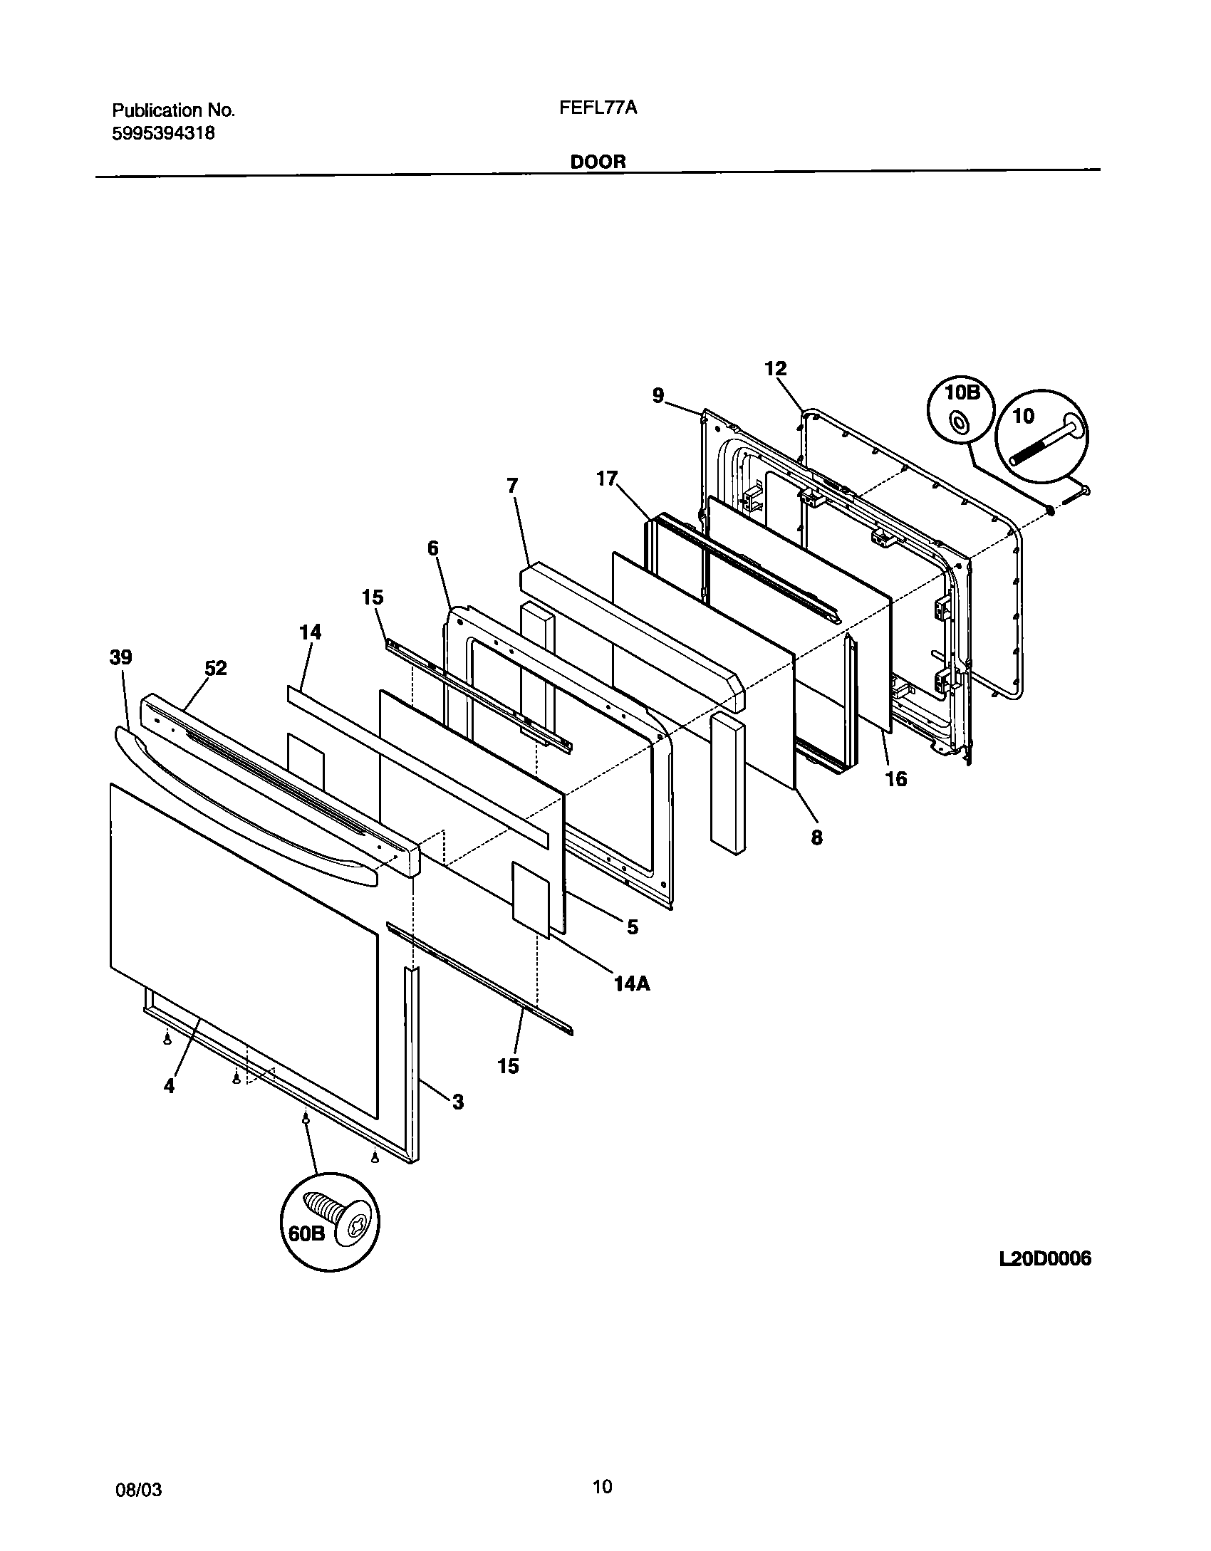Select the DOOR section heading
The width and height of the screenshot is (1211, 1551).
598,162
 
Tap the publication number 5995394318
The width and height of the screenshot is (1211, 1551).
163,133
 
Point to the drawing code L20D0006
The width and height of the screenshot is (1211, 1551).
1045,1258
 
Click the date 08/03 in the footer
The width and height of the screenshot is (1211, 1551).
137,1485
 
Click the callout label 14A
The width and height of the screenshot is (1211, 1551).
632,984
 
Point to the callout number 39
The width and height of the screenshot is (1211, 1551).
120,657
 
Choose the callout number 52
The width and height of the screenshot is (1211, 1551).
216,669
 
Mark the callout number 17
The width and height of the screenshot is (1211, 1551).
607,479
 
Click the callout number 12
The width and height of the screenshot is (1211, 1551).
775,369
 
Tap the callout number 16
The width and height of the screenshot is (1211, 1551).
896,780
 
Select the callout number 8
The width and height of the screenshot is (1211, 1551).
816,838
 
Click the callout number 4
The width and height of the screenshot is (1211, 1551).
169,1086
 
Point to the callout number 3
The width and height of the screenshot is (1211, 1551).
457,1102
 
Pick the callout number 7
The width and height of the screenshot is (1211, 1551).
512,486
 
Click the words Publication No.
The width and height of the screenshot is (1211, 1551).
173,110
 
